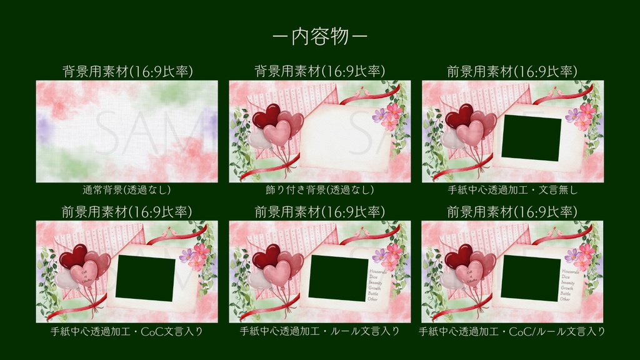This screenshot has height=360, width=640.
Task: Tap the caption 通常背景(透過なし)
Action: [x=127, y=189]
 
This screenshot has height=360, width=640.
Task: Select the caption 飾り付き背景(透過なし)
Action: [x=319, y=189]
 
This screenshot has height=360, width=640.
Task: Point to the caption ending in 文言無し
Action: [x=512, y=189]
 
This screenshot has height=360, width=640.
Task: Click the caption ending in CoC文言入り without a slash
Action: [x=127, y=331]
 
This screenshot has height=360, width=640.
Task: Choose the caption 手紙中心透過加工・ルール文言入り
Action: [x=319, y=331]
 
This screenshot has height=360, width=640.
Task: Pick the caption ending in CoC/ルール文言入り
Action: [x=512, y=331]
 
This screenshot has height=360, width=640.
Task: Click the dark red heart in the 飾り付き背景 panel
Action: [x=265, y=116]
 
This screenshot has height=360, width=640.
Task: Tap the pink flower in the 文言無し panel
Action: [x=586, y=113]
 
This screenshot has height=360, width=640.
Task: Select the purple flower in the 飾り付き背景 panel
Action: [x=379, y=115]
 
